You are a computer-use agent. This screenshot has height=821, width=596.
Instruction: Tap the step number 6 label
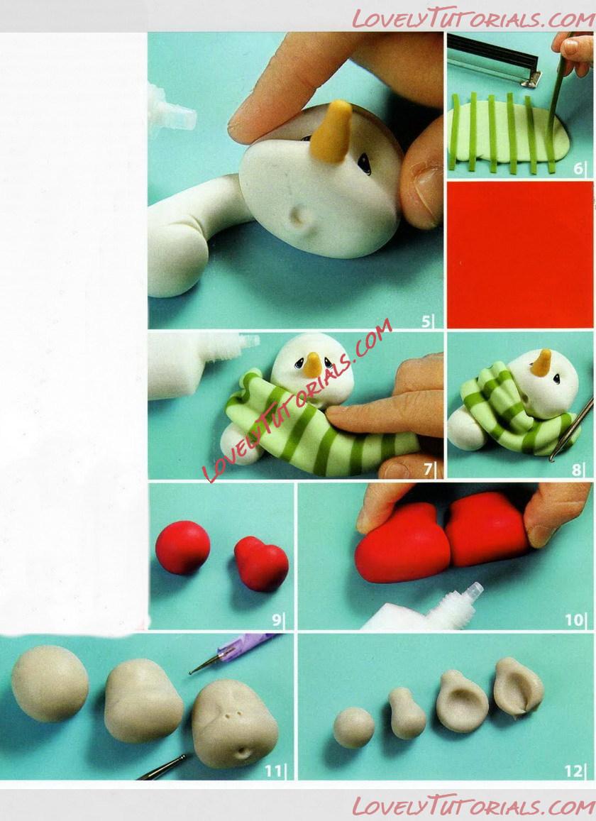click(578, 169)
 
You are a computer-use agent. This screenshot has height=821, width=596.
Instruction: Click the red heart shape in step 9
click(261, 563)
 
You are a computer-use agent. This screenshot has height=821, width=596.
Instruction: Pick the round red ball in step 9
click(183, 547)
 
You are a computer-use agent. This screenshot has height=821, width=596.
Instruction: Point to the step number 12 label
click(573, 771)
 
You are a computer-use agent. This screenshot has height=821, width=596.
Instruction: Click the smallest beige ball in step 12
click(354, 727)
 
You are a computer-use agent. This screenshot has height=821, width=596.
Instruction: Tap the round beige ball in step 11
click(50, 683)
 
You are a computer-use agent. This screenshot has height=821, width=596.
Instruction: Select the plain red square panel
click(520, 255)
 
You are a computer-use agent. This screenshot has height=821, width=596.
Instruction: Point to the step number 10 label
click(573, 620)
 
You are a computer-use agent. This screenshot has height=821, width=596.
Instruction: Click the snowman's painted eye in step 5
click(365, 165)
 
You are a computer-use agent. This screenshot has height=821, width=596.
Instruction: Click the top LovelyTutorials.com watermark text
click(473, 19)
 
